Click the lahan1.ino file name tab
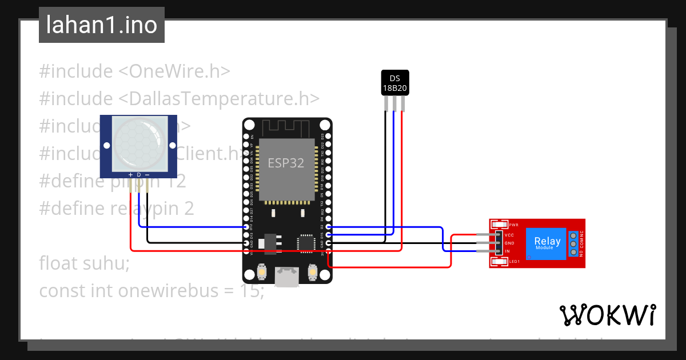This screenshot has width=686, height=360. tap(101, 25)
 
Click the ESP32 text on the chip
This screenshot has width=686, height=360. tap(286, 163)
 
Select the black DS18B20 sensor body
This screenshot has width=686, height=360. tap(394, 82)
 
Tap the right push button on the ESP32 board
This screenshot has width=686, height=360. tap(312, 272)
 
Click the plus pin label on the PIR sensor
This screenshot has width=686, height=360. tap(130, 174)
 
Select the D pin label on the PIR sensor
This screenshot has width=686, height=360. tap(139, 174)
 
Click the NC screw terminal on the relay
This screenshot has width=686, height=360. tap(573, 235)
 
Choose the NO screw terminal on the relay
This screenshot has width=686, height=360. tap(573, 252)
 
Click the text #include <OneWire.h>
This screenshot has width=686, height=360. tap(134, 71)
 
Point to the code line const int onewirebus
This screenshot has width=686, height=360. tap(151, 291)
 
